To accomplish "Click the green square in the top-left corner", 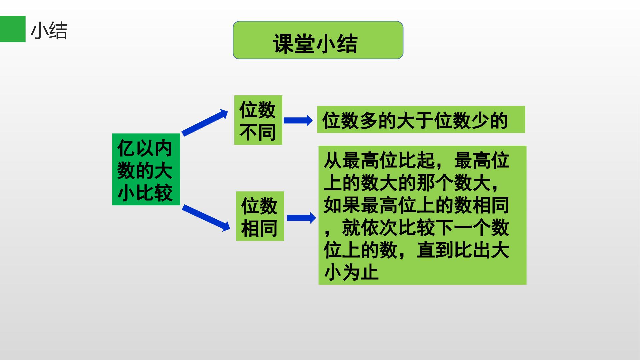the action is click(x=13, y=29).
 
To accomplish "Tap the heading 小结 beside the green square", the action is click(x=49, y=31).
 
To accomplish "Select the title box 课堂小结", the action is click(x=318, y=40).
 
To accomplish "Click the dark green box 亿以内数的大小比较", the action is click(x=146, y=169).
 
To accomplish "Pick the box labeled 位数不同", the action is click(x=258, y=120).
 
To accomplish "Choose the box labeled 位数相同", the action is click(x=260, y=216).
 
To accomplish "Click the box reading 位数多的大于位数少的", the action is click(x=421, y=120).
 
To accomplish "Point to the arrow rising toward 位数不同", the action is click(x=205, y=122).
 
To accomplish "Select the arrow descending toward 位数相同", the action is click(x=206, y=218).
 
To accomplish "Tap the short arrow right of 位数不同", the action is click(x=298, y=120).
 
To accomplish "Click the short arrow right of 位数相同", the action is click(x=301, y=218).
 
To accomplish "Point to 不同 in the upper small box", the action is click(x=258, y=132).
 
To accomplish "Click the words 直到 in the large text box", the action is click(x=436, y=250).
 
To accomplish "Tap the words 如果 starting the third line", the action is click(x=342, y=205).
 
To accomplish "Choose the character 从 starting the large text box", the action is click(x=333, y=160).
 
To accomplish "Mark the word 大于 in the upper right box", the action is click(x=415, y=120).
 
